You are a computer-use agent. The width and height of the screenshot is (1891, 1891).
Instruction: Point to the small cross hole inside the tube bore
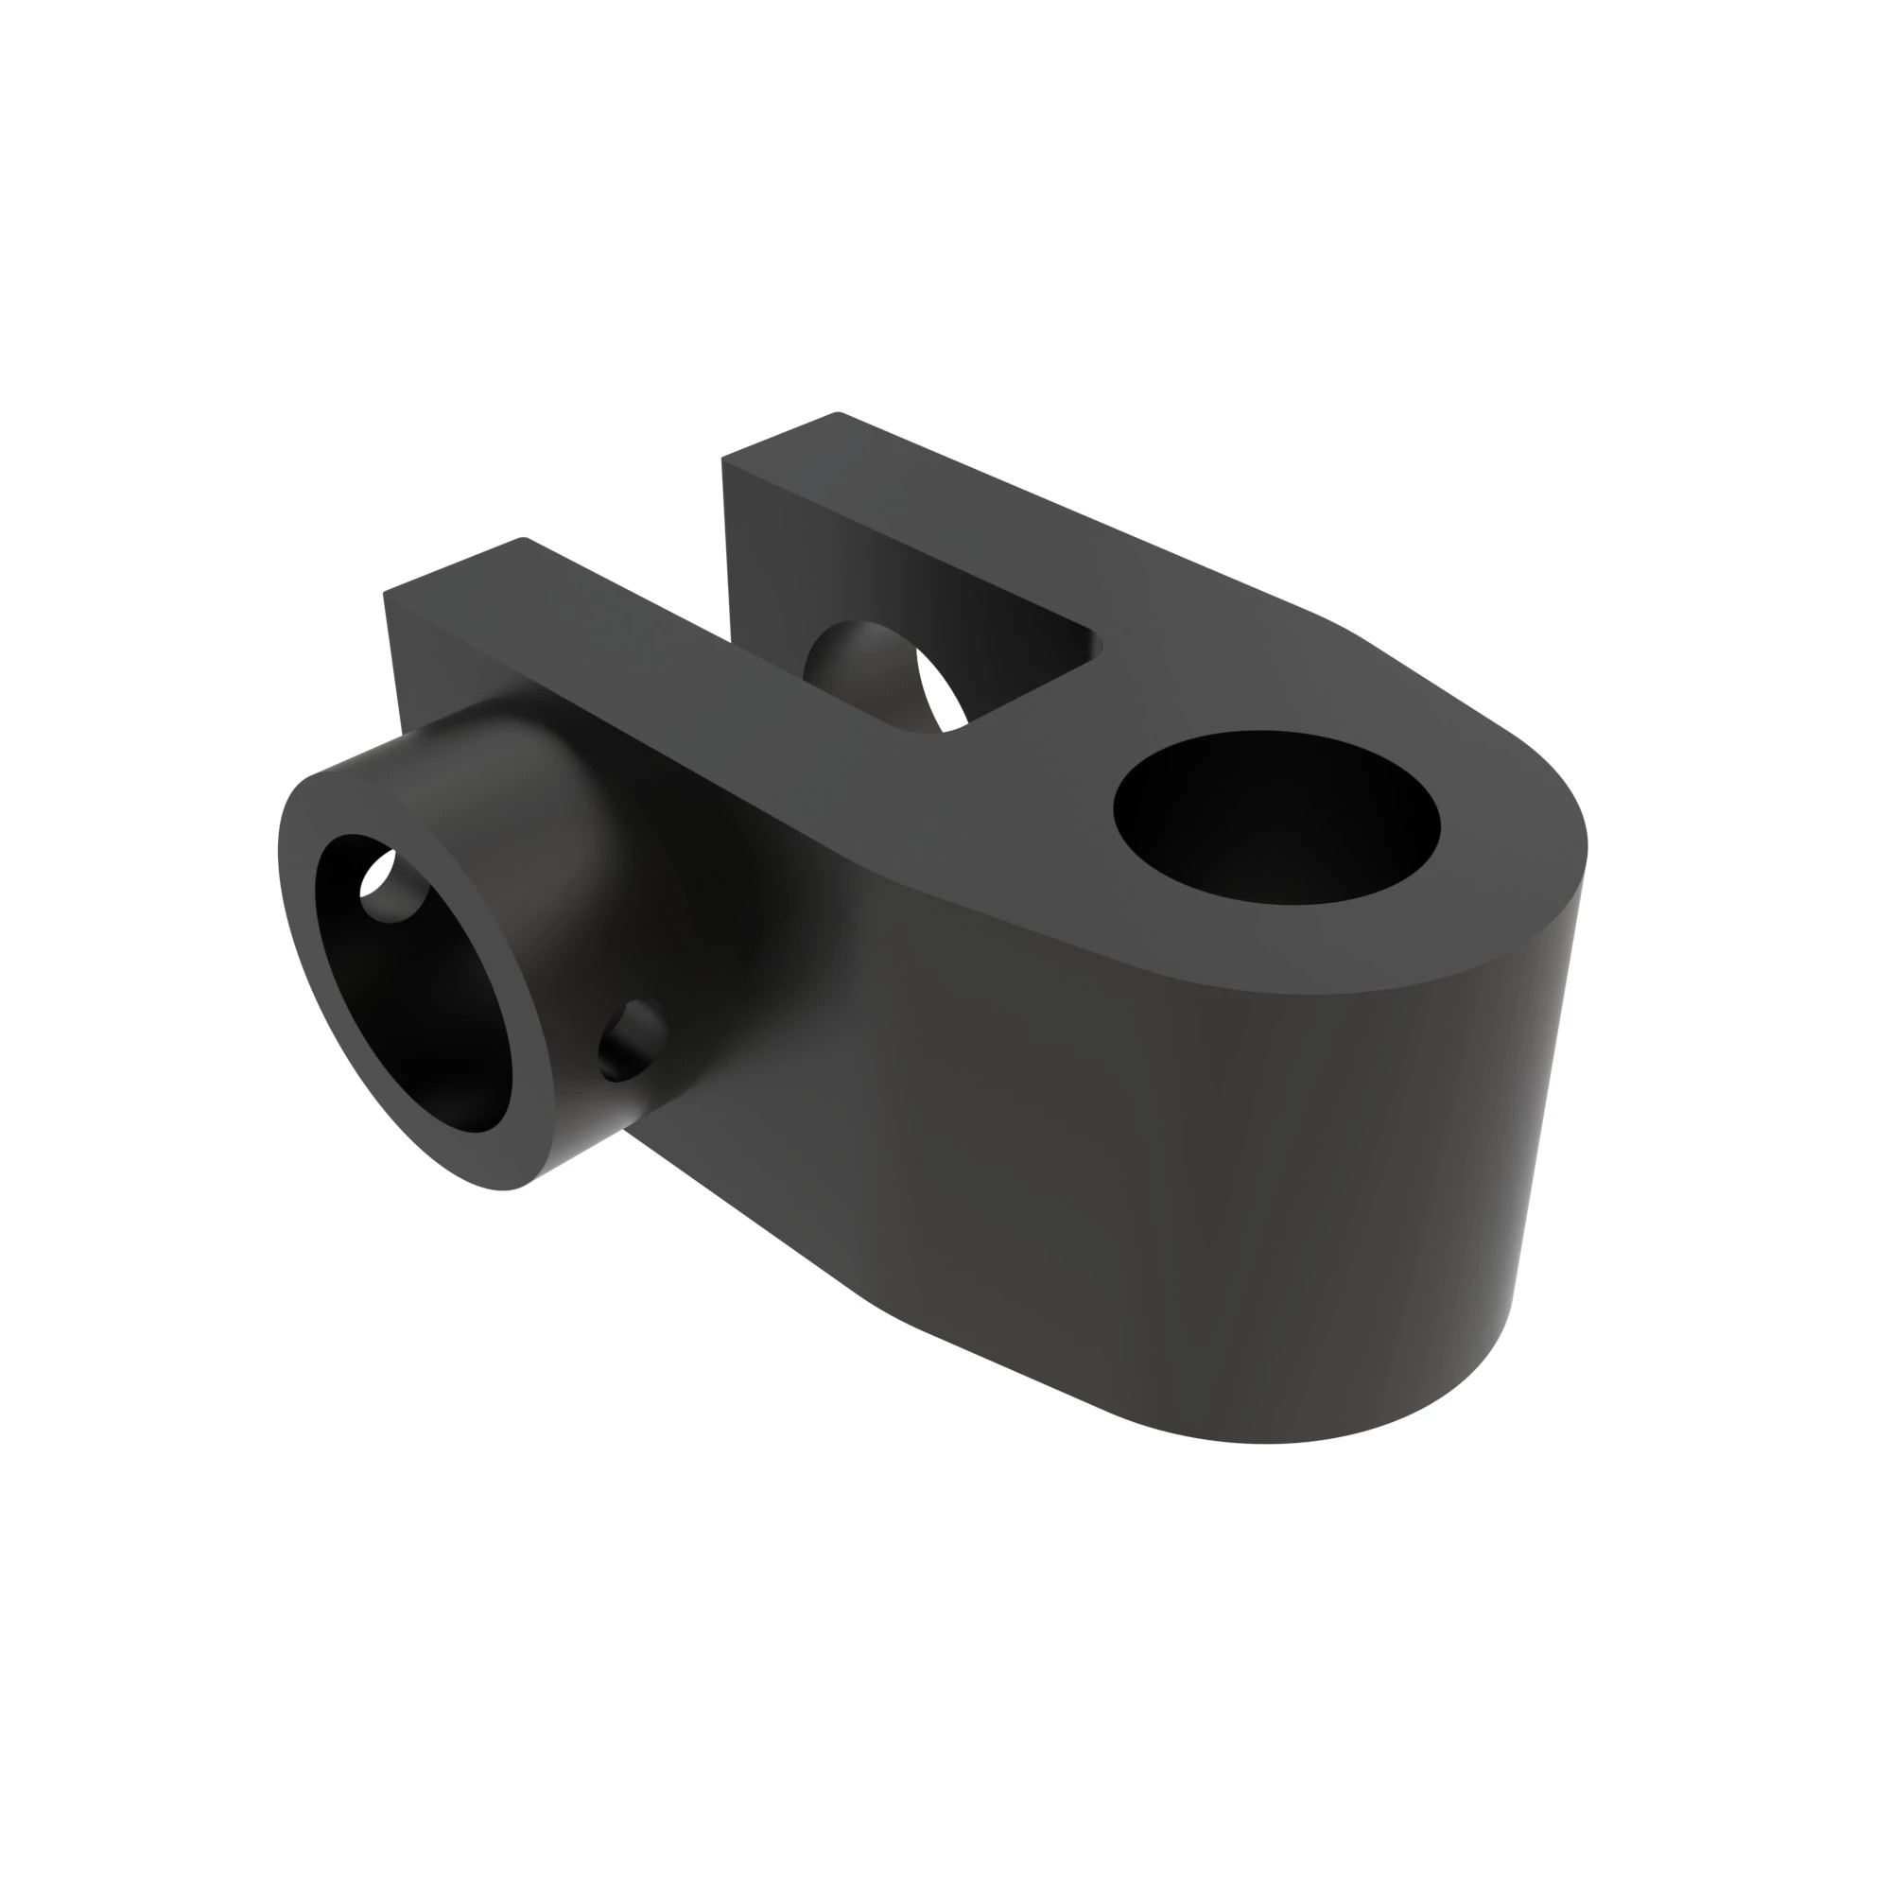click(x=391, y=886)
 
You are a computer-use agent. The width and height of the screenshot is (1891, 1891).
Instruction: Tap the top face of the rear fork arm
click(x=979, y=519)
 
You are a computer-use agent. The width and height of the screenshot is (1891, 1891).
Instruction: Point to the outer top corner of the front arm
click(x=386, y=591)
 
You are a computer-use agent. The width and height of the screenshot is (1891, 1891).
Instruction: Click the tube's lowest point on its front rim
click(x=504, y=1189)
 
